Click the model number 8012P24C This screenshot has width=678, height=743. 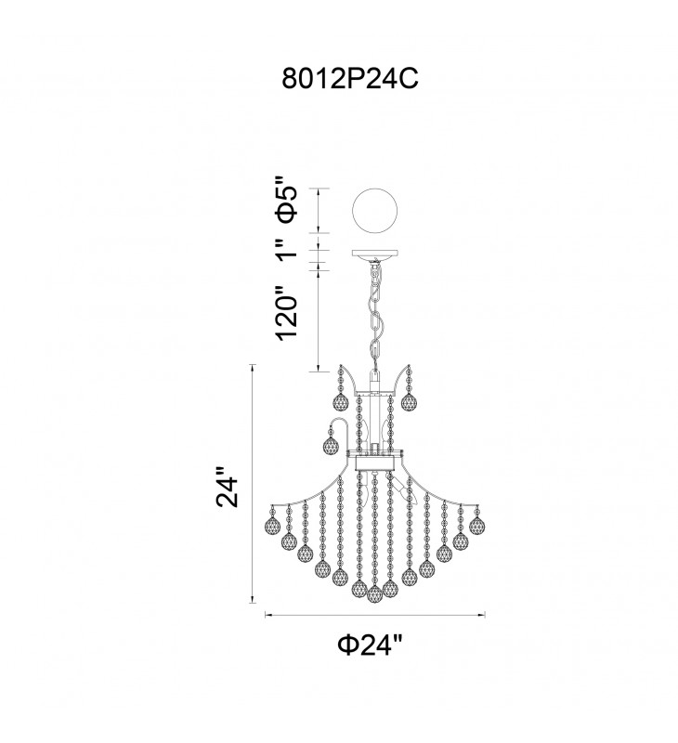tap(350, 78)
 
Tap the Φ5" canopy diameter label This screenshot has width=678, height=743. tap(287, 199)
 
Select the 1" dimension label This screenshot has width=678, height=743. tap(288, 250)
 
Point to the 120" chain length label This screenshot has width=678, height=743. tap(287, 313)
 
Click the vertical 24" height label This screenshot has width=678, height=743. tap(227, 488)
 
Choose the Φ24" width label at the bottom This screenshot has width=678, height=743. tap(370, 645)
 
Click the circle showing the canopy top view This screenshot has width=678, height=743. tap(374, 210)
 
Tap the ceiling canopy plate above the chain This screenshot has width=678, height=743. tap(375, 254)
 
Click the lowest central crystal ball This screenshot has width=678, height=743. tap(375, 593)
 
